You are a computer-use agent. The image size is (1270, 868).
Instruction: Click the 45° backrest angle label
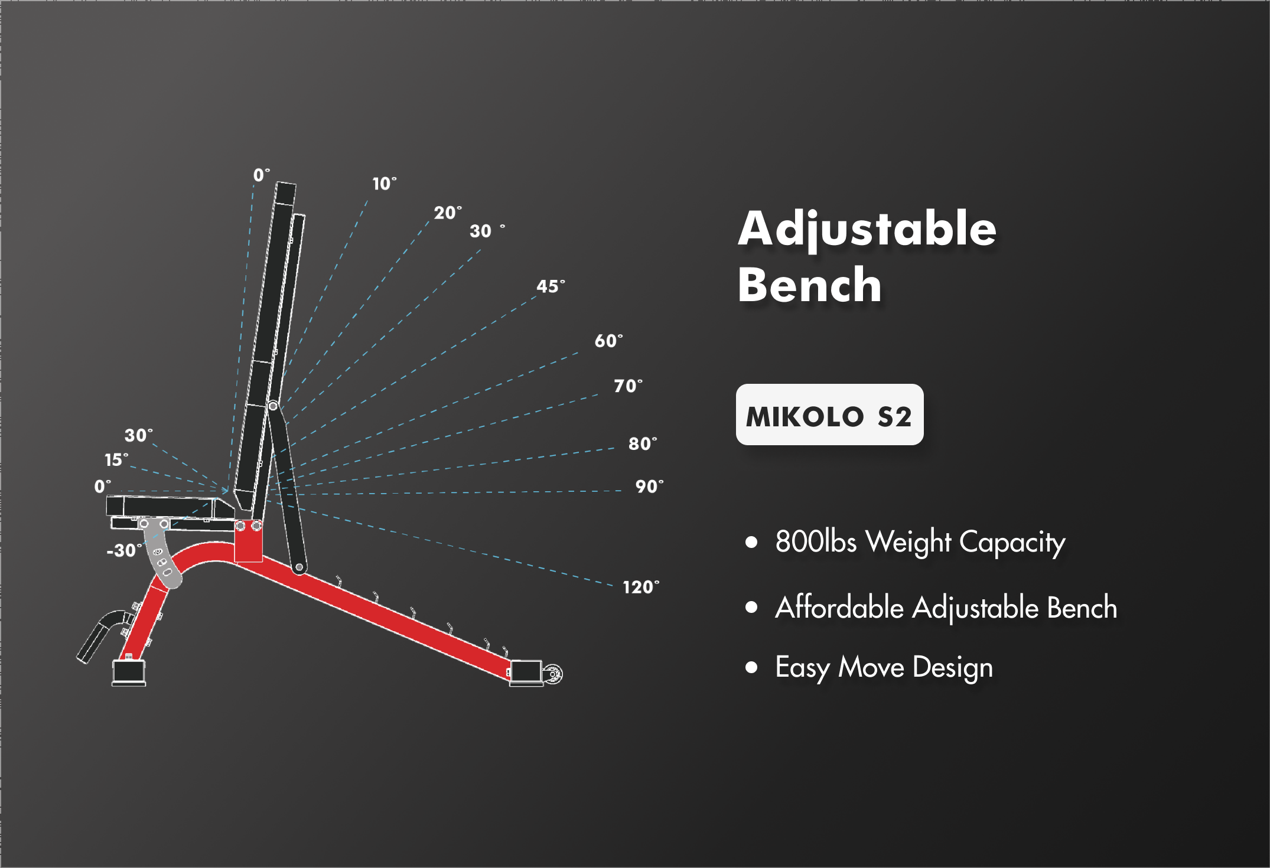tap(551, 287)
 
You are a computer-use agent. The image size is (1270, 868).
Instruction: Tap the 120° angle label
tap(641, 587)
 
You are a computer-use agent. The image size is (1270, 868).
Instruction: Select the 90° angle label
tap(649, 487)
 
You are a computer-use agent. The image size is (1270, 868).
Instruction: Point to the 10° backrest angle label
tap(385, 184)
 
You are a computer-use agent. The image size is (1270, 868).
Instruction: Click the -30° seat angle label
tap(124, 550)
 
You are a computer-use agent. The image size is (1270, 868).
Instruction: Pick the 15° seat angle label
tap(116, 459)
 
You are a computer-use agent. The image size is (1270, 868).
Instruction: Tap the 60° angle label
tap(608, 341)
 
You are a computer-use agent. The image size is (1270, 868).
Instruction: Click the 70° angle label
tap(628, 386)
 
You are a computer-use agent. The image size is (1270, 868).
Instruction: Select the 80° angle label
tap(643, 443)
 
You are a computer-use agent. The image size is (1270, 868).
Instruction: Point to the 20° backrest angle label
tap(448, 213)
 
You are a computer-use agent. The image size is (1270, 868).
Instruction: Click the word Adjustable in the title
tap(867, 229)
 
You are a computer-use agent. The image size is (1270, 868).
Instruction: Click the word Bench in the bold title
tap(810, 285)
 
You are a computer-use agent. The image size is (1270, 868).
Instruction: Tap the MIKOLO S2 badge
tap(829, 415)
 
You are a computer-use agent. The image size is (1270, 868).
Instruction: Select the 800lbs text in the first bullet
tap(816, 541)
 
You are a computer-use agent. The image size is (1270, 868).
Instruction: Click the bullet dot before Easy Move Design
tap(751, 667)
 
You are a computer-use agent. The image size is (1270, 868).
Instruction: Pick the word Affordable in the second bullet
tap(839, 607)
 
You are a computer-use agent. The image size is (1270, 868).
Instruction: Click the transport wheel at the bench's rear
tap(553, 674)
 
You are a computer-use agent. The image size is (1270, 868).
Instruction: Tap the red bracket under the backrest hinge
tap(249, 541)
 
